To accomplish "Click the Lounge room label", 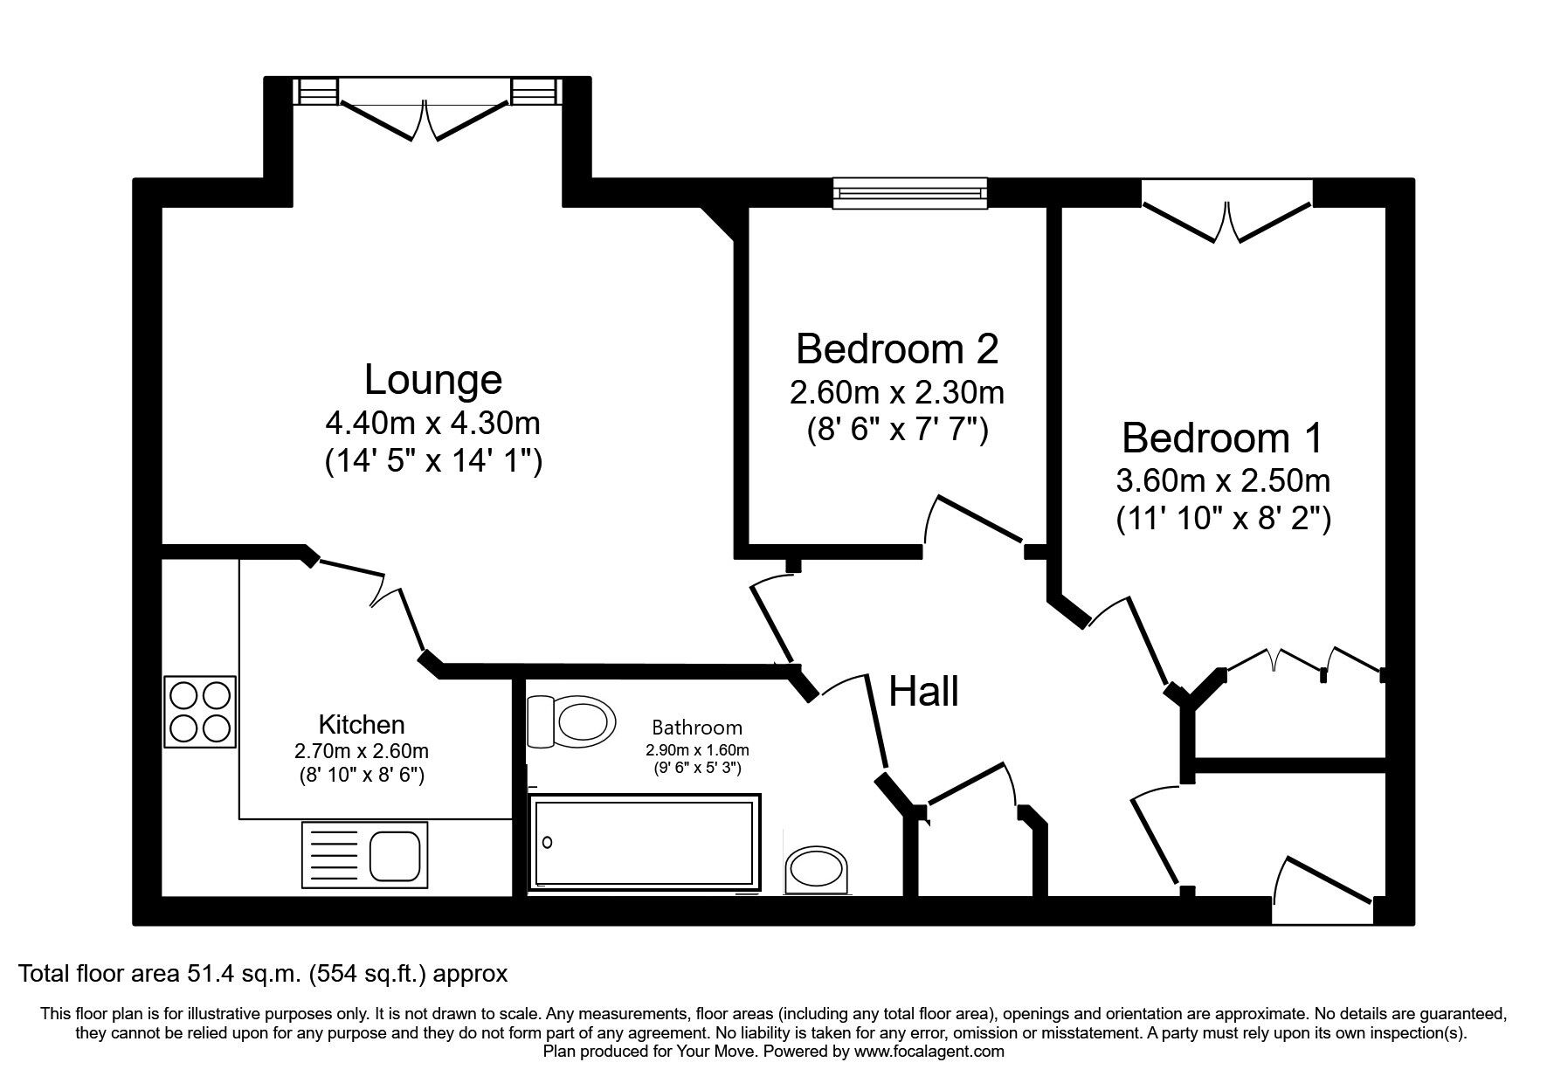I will pos(432,380).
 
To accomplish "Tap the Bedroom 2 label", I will pos(896,349).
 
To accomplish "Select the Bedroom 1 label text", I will pos(1222,438).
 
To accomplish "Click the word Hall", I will pos(923,693).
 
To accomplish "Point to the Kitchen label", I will pos(361,725).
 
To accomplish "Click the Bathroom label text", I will pos(696,728).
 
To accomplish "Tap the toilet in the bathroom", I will pos(571,721).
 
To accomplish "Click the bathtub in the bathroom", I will pos(644,842).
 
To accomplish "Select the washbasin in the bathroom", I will pos(818,870).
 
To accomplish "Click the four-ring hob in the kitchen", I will pos(201,711).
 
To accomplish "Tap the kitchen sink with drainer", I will pos(364,855).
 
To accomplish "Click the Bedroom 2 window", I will pos(909,193).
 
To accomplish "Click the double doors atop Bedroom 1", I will pos(1226,219).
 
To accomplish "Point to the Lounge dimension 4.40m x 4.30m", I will pos(432,424).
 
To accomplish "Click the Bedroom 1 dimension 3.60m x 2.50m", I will pos(1222,480).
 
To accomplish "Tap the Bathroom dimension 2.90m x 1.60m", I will pos(696,750).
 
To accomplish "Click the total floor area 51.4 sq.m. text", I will pos(262,973).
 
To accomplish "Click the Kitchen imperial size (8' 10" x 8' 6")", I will pos(361,774).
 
